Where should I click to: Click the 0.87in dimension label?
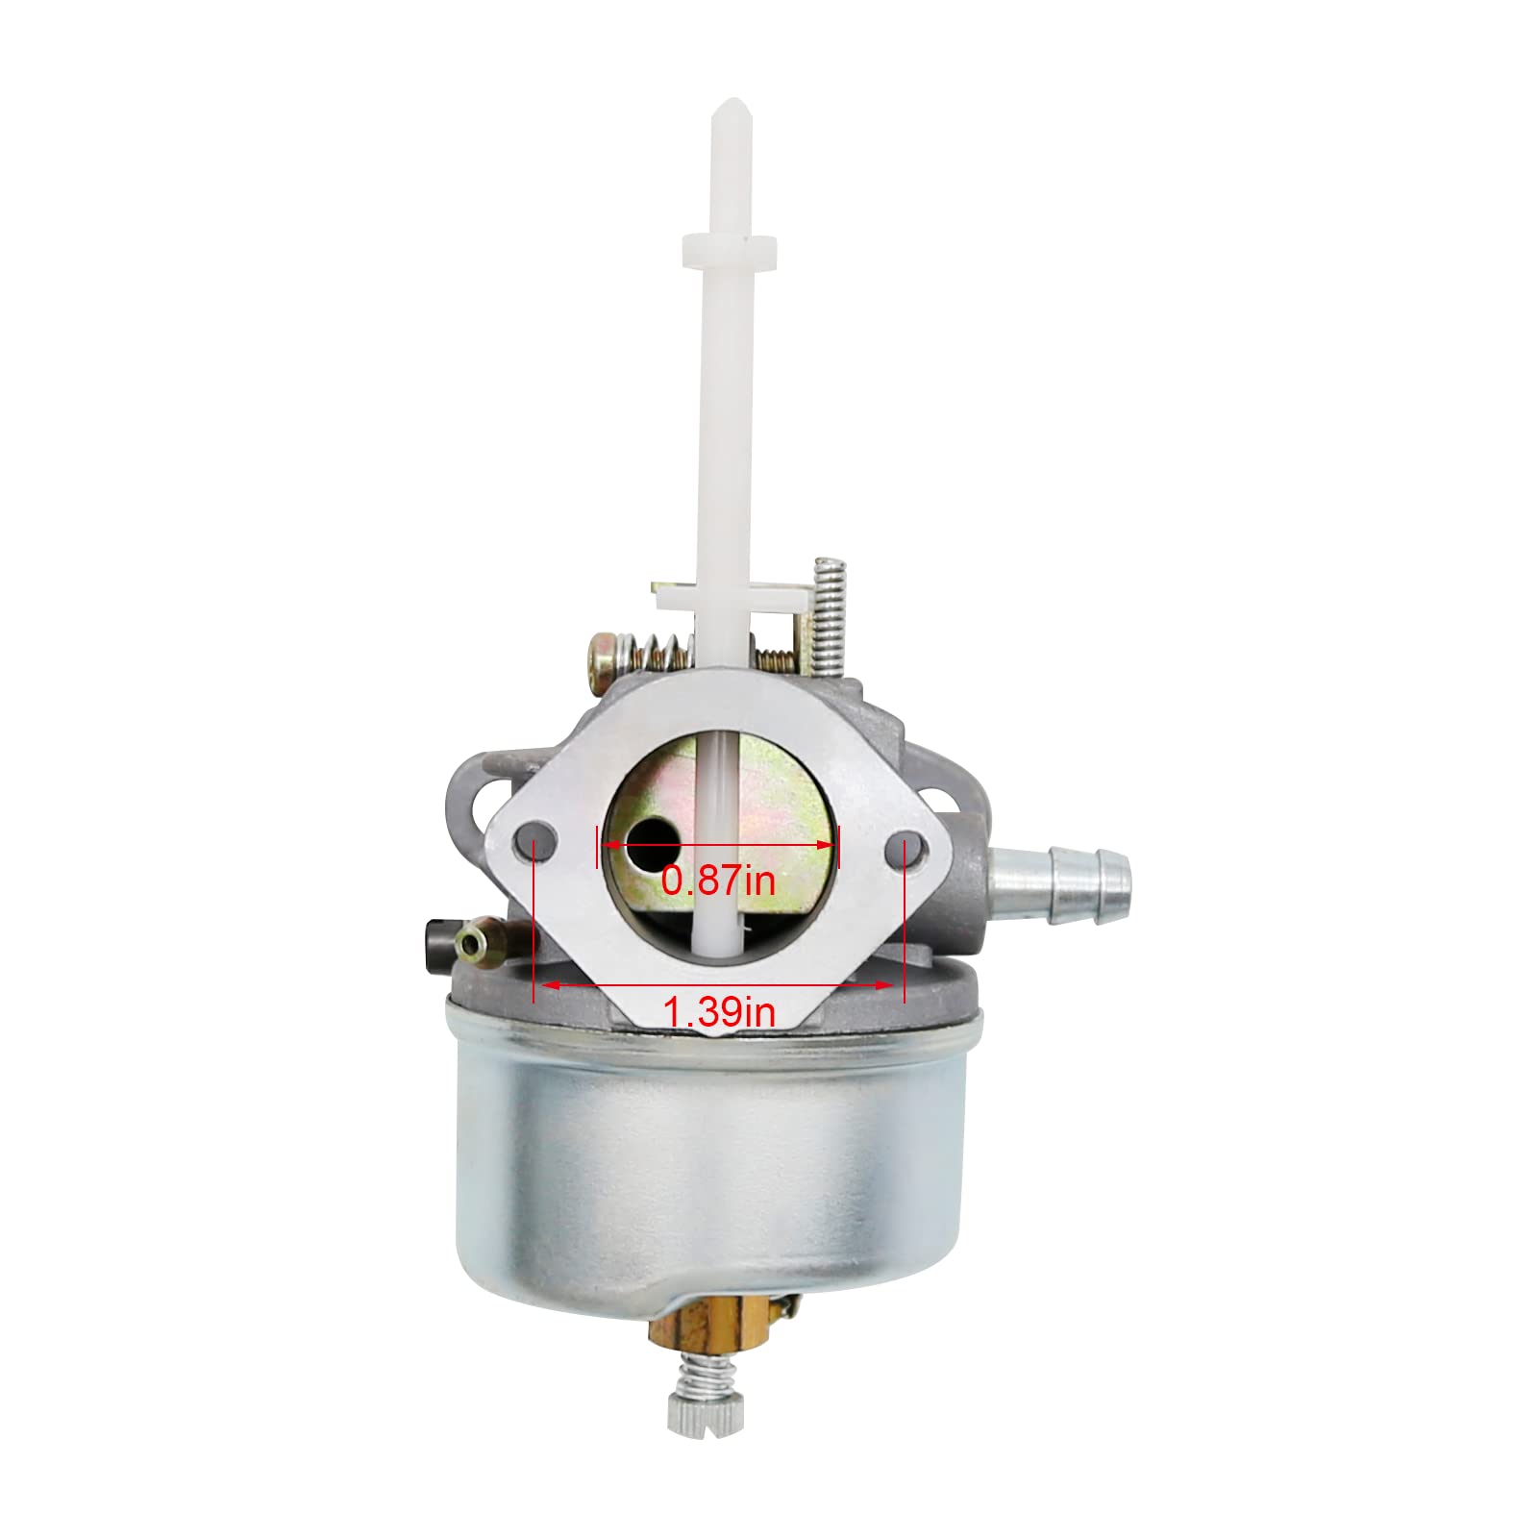pos(718,881)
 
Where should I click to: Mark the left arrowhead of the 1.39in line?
pos(550,985)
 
